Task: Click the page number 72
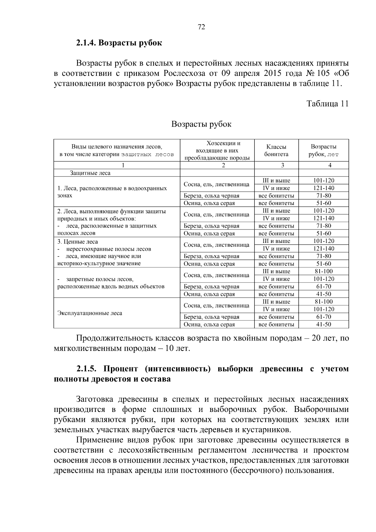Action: coord(201,27)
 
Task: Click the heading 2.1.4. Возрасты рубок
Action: coord(119,43)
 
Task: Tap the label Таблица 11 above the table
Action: coord(327,104)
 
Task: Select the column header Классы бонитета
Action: coord(276,150)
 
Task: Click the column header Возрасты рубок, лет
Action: coord(323,150)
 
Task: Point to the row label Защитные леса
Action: coord(90,173)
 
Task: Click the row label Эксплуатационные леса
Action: coord(90,313)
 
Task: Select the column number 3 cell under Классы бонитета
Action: coord(283,166)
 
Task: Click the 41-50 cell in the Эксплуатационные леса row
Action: coord(323,324)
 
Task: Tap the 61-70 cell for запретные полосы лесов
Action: coord(323,287)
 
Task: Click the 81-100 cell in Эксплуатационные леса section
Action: coord(323,302)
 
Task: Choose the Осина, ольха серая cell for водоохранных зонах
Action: coord(209,203)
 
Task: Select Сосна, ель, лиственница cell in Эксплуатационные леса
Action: coord(217,305)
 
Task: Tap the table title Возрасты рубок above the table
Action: coord(201,124)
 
